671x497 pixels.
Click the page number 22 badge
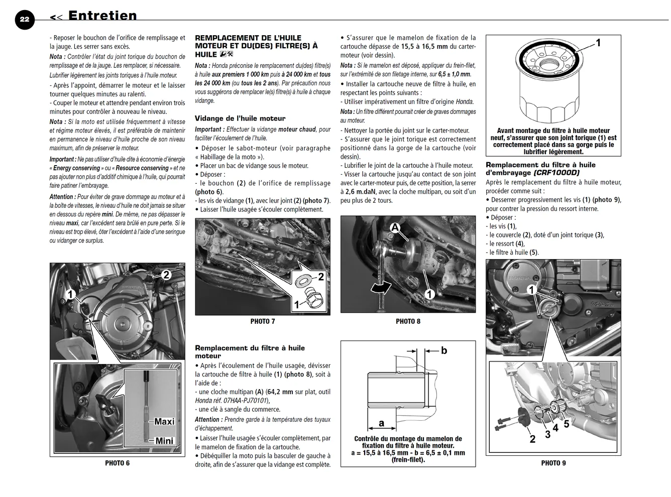[25, 20]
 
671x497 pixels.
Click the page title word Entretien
[102, 16]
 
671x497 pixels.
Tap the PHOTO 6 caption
[118, 463]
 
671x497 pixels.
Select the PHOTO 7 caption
[263, 321]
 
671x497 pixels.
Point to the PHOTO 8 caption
[408, 321]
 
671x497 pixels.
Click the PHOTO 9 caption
[553, 463]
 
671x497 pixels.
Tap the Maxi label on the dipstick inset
[164, 421]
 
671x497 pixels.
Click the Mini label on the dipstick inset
[164, 441]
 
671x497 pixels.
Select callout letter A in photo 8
[395, 227]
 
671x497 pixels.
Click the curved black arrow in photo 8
[381, 287]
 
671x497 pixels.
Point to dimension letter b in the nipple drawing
[444, 350]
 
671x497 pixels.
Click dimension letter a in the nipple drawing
[382, 423]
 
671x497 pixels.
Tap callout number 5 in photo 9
[567, 424]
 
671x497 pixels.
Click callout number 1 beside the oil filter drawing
[598, 43]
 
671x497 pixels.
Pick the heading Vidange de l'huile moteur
[240, 118]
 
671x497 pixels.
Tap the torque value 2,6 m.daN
[360, 191]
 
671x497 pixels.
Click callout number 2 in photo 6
[166, 275]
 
